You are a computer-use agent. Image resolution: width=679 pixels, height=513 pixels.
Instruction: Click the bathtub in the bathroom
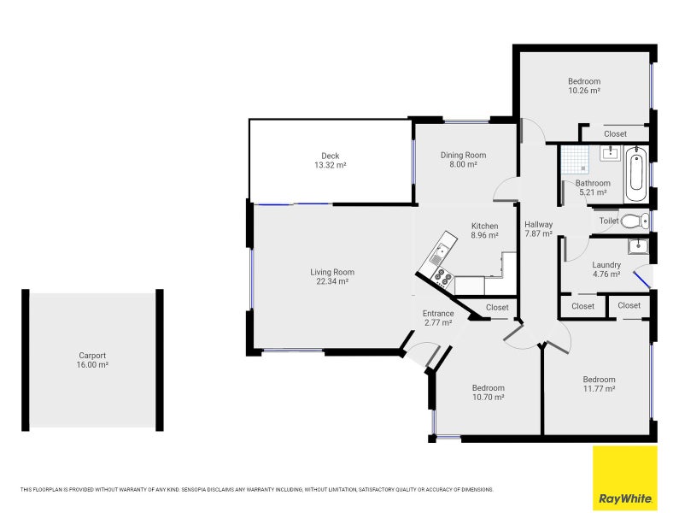pos(636,174)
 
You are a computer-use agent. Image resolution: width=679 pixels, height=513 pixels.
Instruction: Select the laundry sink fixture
pos(638,246)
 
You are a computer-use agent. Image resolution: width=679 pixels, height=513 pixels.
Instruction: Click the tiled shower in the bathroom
pos(575,159)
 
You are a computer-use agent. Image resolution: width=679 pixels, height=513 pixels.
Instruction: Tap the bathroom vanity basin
pos(611,153)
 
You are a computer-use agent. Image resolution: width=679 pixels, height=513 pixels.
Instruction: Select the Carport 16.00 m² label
pos(92,360)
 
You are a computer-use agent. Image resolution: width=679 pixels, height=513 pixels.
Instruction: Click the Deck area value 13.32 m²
pos(331,165)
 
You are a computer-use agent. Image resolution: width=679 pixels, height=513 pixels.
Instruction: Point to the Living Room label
pos(332,273)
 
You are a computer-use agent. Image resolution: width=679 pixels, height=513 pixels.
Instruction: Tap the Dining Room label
pos(464,156)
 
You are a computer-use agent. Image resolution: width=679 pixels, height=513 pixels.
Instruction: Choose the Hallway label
pos(539,225)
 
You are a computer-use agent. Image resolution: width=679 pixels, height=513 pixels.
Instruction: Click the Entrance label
pos(438,314)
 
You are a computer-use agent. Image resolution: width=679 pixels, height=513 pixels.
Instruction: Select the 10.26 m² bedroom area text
pos(584,91)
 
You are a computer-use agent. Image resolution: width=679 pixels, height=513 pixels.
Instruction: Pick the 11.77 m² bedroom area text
pos(600,389)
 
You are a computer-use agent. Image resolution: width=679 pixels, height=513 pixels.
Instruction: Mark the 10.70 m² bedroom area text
pos(488,398)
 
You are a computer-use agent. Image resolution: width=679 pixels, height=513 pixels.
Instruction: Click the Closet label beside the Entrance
pos(497,308)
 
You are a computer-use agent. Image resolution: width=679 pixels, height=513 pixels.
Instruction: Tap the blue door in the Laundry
pos(641,280)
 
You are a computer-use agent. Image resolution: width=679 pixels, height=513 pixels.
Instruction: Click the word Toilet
pos(609,221)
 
